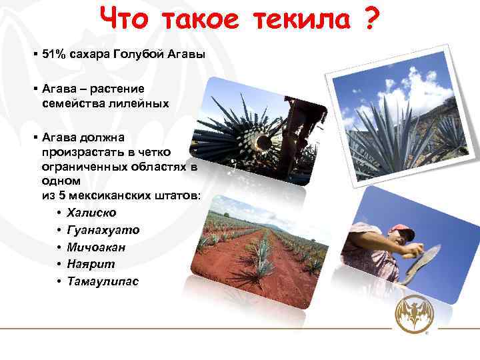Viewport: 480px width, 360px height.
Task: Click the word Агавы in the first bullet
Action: (186, 54)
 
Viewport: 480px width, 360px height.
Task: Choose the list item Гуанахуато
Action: (103, 230)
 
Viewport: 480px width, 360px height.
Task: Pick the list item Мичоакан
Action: (97, 247)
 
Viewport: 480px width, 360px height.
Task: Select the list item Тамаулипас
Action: (103, 281)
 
